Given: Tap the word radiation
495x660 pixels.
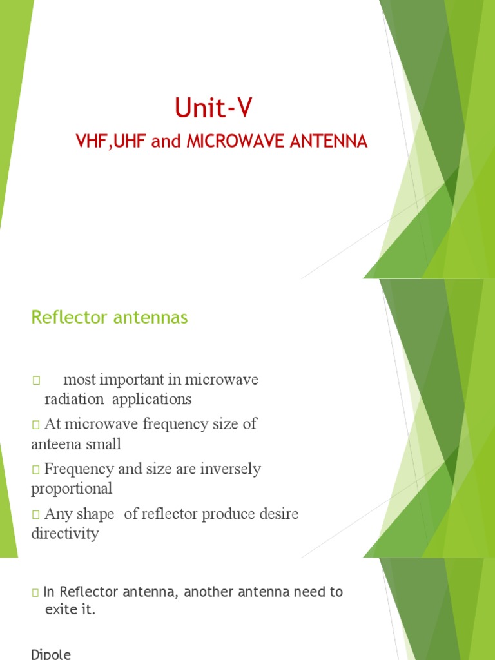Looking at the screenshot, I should pos(74,399).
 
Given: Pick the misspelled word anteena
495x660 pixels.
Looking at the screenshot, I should pos(55,444).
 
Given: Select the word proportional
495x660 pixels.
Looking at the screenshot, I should pos(72,489).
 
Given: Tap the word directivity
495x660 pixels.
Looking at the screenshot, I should pos(65,534).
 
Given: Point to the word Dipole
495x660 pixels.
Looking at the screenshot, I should pos(51,654).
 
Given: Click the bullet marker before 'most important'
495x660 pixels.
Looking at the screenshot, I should pos(35,380).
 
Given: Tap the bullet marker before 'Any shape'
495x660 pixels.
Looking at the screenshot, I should pos(35,515).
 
